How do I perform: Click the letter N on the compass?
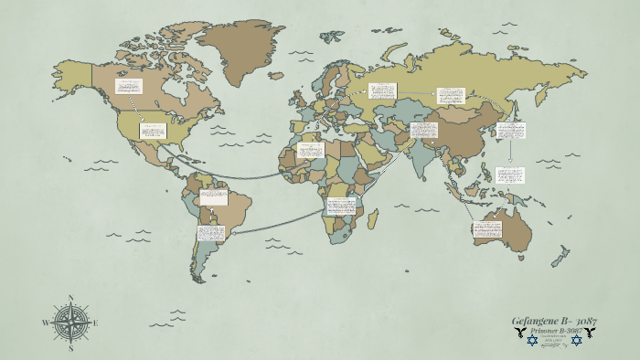point(71,298)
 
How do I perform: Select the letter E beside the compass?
point(96,323)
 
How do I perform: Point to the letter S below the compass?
point(71,348)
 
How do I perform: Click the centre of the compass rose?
point(71,323)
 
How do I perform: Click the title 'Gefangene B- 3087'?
point(554,321)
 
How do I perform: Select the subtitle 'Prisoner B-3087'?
point(554,331)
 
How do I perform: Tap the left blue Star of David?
point(532,341)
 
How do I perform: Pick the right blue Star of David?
point(576,341)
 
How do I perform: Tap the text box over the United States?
point(152,131)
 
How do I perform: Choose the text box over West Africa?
point(310,150)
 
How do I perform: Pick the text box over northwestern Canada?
point(129,87)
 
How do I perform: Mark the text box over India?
point(423,130)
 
